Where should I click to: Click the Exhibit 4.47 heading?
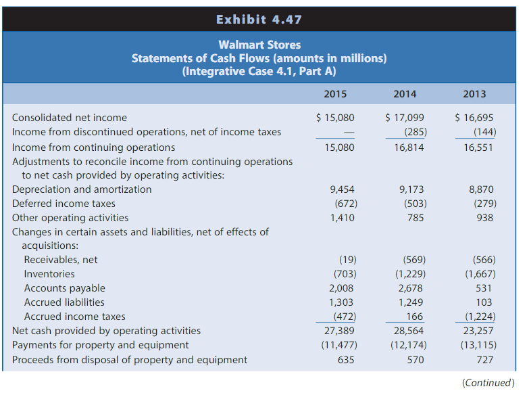[259, 20]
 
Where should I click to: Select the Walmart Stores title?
[259, 45]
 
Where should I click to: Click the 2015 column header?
[336, 94]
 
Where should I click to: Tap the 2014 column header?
[405, 94]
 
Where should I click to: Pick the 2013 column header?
[474, 94]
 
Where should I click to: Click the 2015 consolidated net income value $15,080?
[336, 118]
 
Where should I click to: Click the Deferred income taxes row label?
[64, 204]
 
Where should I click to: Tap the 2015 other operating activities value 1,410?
[341, 218]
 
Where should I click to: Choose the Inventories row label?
[49, 274]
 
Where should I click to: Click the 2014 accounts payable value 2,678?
[411, 288]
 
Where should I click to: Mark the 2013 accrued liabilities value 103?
[484, 302]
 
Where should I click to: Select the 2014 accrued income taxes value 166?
[414, 317]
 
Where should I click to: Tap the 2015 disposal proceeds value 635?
[346, 360]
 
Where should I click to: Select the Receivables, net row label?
[61, 260]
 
